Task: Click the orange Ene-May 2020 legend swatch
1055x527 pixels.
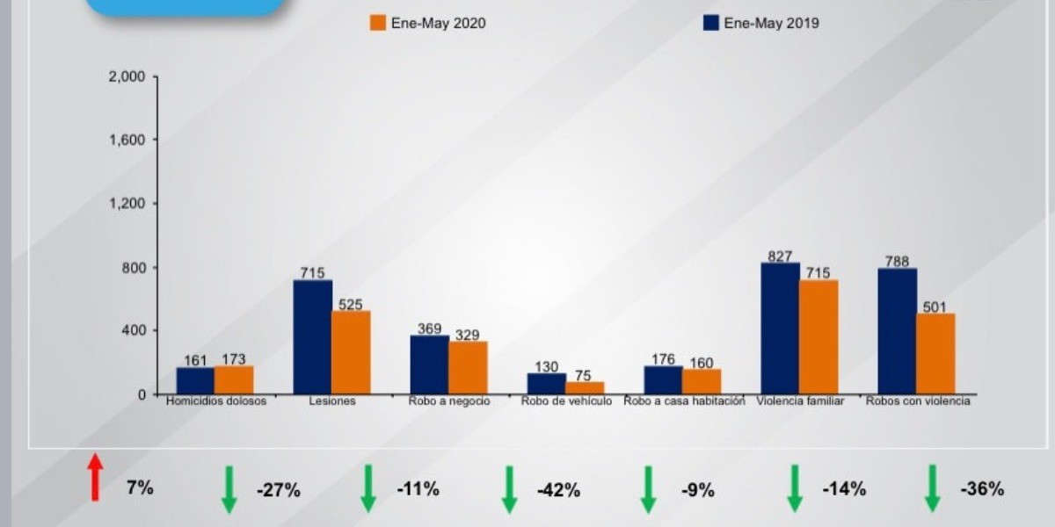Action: coord(377,24)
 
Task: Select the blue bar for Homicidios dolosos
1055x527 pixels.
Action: coord(195,380)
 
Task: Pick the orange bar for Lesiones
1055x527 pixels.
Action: coord(351,352)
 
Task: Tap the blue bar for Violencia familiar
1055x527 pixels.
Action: coord(780,328)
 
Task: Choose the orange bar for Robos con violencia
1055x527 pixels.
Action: coord(935,353)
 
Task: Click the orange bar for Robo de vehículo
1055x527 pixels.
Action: coord(585,387)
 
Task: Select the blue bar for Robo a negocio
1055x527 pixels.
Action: coord(429,365)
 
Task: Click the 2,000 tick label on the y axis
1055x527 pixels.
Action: coord(126,76)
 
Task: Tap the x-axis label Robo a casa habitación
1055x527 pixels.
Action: coord(684,401)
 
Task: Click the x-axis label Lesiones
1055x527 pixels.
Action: coord(332,401)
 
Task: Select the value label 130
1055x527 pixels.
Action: coord(546,366)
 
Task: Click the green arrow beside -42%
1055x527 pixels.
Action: coord(509,489)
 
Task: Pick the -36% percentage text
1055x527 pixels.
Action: coord(983,489)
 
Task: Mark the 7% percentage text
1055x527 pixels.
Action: coord(140,487)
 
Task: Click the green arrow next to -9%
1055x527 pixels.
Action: coord(648,489)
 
